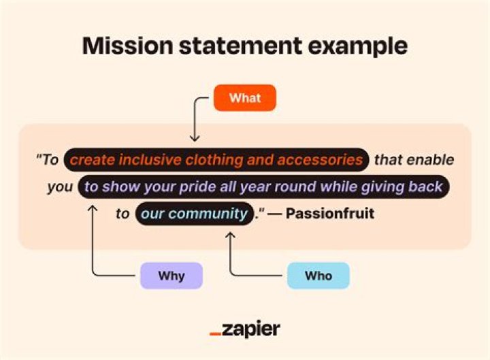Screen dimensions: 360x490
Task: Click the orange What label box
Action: pos(245,98)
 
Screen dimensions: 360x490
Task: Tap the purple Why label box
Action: pos(171,276)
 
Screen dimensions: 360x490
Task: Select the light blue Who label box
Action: pos(318,276)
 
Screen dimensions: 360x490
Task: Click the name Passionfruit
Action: pos(330,214)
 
